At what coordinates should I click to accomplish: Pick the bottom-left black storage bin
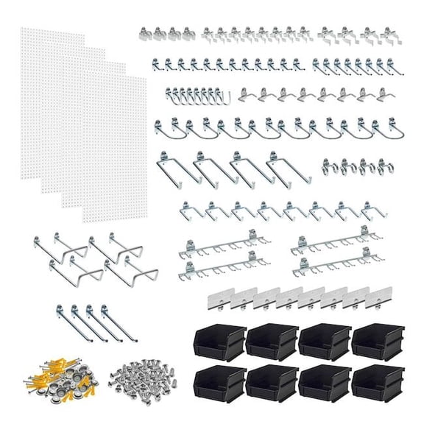point(219,381)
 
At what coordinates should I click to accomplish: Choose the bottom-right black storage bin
point(377,381)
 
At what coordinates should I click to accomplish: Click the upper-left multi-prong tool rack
point(221,244)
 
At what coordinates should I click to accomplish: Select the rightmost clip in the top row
point(392,33)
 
